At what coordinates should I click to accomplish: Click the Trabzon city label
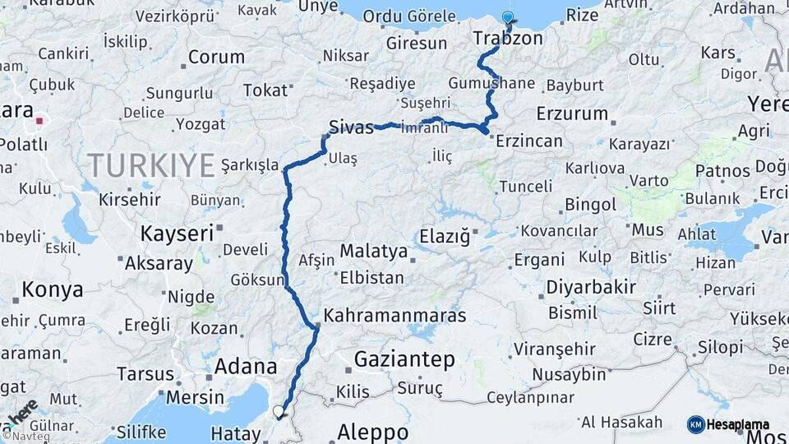click(508, 39)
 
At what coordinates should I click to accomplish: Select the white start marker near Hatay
click(278, 410)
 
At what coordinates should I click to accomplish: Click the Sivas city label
click(351, 127)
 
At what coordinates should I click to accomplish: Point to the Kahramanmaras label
click(394, 315)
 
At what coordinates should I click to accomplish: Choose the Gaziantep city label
click(404, 359)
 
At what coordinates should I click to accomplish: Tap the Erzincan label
click(529, 141)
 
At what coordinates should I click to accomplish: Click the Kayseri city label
click(177, 234)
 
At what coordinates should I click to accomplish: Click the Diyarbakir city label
click(588, 287)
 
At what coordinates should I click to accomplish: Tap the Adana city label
click(245, 367)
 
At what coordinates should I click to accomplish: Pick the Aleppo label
click(372, 432)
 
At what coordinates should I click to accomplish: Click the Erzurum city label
click(572, 113)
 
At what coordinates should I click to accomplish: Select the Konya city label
click(53, 289)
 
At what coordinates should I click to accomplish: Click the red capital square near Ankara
click(39, 122)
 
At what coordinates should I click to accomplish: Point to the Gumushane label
click(491, 84)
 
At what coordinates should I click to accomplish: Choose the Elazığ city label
click(444, 236)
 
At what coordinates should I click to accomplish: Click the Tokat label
click(265, 90)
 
